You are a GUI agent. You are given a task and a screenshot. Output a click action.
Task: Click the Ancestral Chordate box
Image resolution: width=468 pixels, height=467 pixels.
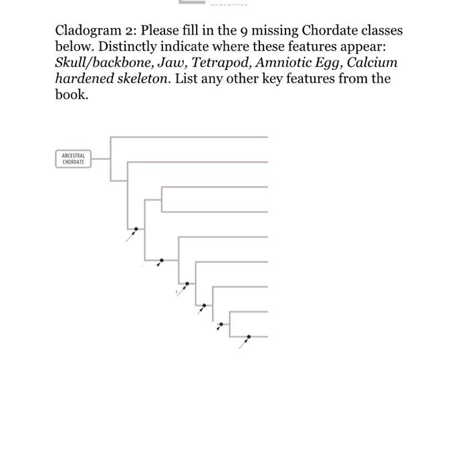[73, 159]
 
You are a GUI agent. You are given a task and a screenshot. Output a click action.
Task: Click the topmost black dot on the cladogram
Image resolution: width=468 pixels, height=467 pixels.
[136, 229]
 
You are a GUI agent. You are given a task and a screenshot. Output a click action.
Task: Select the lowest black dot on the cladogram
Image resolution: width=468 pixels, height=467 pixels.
[249, 337]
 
